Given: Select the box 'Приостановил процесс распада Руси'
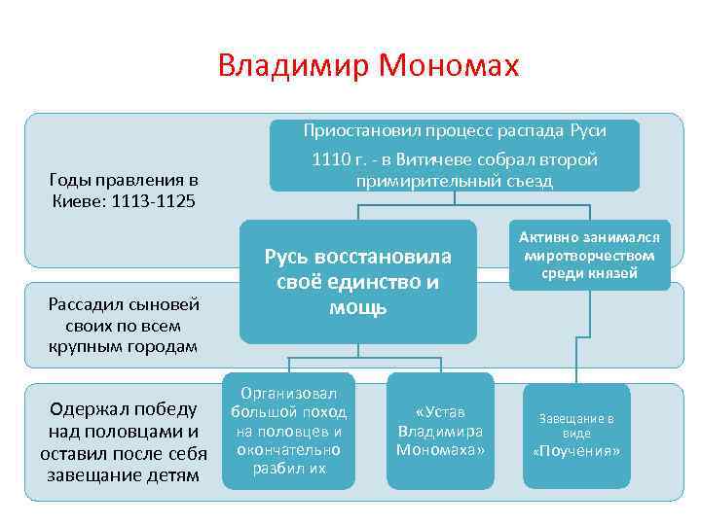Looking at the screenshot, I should (455, 155).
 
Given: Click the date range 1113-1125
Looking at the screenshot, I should (155, 201).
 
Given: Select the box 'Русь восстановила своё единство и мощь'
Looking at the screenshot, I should (358, 282).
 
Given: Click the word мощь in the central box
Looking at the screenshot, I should (358, 307).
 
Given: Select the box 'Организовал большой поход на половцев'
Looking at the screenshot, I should (287, 430).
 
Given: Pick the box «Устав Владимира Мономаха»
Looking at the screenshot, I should (440, 430).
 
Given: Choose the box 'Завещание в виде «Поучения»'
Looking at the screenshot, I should (576, 435).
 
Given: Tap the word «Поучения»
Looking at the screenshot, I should (576, 451).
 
